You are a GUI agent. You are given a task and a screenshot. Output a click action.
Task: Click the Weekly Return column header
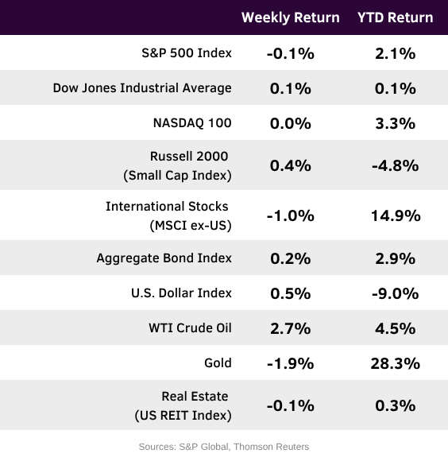click(291, 17)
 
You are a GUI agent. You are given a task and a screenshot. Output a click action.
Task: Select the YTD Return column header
click(396, 17)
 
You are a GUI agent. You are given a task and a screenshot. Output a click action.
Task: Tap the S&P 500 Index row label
click(187, 53)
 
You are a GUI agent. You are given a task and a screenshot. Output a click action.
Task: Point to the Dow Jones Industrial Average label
click(142, 88)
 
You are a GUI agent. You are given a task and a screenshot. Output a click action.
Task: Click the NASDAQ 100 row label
click(192, 123)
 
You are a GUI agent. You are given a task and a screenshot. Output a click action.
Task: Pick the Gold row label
click(218, 363)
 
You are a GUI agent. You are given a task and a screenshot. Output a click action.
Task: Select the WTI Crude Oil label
click(190, 328)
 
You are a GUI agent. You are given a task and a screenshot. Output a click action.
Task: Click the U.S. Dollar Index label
click(181, 293)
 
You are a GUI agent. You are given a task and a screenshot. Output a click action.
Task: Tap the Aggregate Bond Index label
click(164, 258)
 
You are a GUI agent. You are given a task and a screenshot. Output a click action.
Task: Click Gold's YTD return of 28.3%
click(396, 363)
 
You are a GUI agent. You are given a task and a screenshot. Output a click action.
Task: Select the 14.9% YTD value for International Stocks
click(396, 215)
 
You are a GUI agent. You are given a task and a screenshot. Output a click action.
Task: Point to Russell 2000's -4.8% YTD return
click(396, 165)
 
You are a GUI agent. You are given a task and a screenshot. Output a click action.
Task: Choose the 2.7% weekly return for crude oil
click(291, 328)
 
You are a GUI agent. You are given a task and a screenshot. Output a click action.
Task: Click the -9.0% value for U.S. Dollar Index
click(396, 293)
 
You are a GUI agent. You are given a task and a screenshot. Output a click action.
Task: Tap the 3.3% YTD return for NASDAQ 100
click(396, 123)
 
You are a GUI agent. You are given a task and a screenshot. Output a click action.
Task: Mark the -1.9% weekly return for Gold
click(291, 363)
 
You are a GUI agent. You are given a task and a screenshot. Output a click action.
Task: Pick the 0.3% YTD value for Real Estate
click(396, 405)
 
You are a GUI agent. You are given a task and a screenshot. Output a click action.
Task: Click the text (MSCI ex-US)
click(191, 226)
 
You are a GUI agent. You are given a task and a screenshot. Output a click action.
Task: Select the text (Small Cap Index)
click(177, 175)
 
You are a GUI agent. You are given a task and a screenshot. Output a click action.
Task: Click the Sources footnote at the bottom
click(224, 447)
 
